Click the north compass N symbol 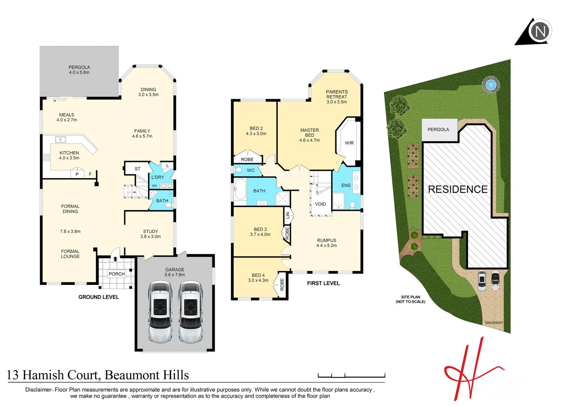click(x=540, y=31)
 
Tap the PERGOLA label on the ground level click(x=79, y=68)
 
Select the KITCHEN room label click(x=69, y=153)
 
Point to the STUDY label click(x=151, y=232)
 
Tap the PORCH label click(x=117, y=274)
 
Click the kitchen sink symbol click(x=61, y=140)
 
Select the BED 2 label click(x=256, y=129)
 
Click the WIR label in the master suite click(x=349, y=143)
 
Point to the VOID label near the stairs click(x=320, y=204)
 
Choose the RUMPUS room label click(x=327, y=241)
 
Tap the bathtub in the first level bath click(x=240, y=190)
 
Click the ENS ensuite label click(x=346, y=185)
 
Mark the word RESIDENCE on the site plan click(x=458, y=189)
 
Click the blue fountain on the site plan click(x=490, y=85)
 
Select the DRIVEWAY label click(x=494, y=323)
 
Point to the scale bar click(x=351, y=375)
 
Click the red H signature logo click(x=470, y=372)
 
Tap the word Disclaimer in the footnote click(x=38, y=390)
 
